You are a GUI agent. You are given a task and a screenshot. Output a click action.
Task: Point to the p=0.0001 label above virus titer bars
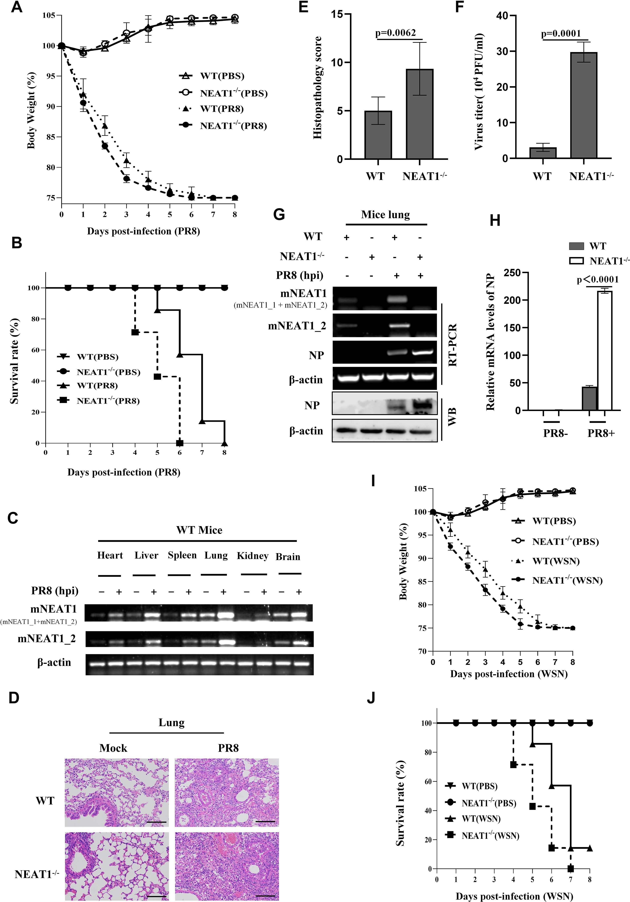click(561, 34)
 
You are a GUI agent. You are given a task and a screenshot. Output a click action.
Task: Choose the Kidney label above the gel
click(252, 556)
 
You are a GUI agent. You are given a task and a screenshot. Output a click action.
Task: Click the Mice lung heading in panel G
click(385, 214)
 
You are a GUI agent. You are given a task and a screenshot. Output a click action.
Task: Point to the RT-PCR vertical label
click(452, 345)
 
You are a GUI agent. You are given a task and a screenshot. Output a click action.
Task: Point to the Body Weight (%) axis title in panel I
click(403, 562)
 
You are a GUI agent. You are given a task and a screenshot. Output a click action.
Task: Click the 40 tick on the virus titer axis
click(500, 16)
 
